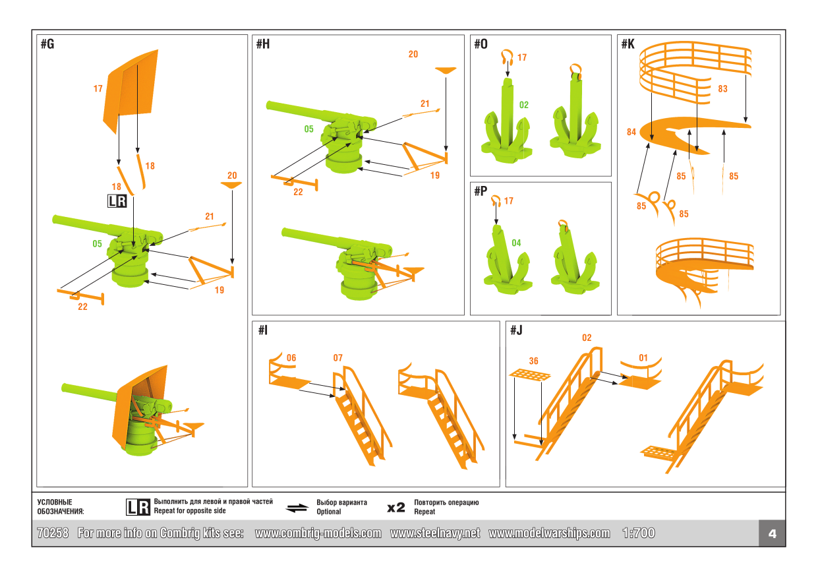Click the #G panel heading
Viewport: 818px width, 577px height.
[47, 45]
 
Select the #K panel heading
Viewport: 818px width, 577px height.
[628, 44]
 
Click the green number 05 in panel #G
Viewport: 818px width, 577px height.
[97, 244]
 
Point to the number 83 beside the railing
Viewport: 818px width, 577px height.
[723, 89]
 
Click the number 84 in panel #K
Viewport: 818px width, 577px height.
[631, 132]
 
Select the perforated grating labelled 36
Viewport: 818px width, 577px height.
[530, 375]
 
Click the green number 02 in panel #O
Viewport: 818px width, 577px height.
[523, 105]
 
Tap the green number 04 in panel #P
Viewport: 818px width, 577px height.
[516, 243]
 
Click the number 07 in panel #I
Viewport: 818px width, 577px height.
[337, 358]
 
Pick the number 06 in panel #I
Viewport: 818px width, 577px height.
[291, 358]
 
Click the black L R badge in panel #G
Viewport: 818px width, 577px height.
[117, 202]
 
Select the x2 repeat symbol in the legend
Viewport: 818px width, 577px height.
[396, 507]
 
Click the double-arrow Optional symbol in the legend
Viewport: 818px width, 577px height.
[297, 508]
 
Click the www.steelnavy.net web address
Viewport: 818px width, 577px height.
[435, 533]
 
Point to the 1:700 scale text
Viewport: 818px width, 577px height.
[638, 533]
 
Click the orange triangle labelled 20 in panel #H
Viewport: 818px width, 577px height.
[446, 69]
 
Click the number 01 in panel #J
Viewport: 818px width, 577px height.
[643, 358]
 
